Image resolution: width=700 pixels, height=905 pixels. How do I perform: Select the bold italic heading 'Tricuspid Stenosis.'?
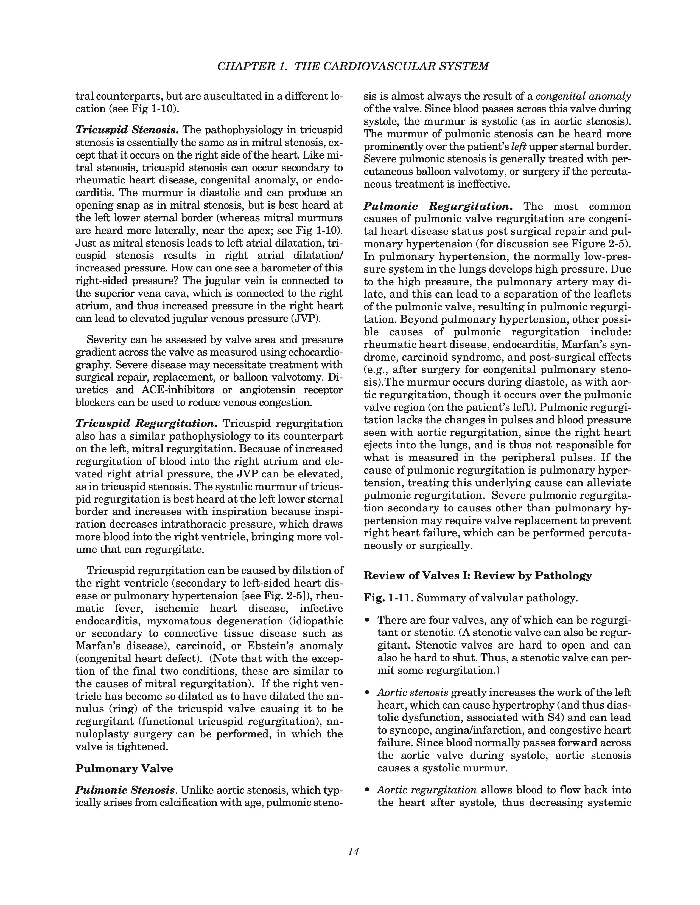pos(127,130)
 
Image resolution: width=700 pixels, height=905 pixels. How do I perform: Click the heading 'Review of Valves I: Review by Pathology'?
pos(478,576)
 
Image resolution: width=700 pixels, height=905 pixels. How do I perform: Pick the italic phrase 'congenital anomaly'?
pos(583,97)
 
